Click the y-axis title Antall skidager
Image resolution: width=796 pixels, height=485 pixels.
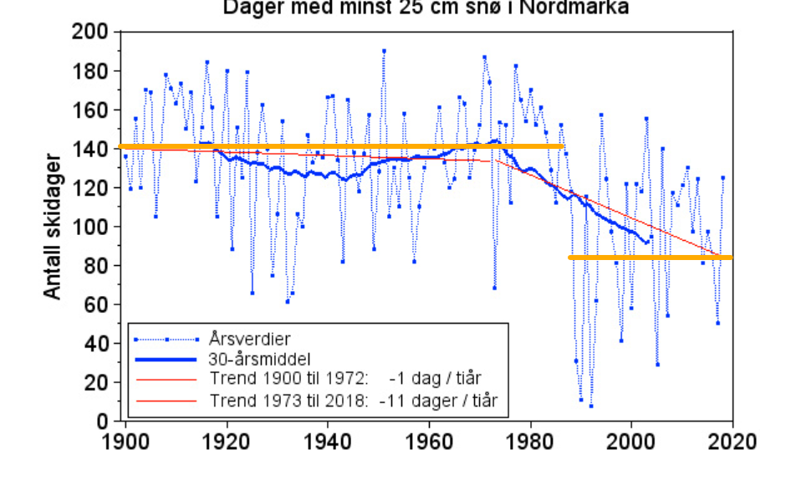[x=52, y=226]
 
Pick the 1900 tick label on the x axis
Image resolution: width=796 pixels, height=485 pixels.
[x=125, y=442]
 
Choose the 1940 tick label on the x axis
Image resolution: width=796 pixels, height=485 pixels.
[x=328, y=442]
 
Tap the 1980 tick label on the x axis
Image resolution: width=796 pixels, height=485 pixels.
[x=530, y=442]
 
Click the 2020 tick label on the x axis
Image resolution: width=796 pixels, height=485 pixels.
[x=732, y=442]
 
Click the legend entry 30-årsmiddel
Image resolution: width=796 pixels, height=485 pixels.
[x=257, y=360]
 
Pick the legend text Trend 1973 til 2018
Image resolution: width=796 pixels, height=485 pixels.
[x=289, y=401]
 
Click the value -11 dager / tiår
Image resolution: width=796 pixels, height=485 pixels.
[x=438, y=401]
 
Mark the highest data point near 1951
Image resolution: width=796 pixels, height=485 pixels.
[x=384, y=51]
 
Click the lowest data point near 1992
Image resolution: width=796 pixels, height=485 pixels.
[x=591, y=406]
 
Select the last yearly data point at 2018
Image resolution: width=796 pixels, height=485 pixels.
[x=723, y=177]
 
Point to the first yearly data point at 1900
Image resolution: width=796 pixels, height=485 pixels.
[x=125, y=156]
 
